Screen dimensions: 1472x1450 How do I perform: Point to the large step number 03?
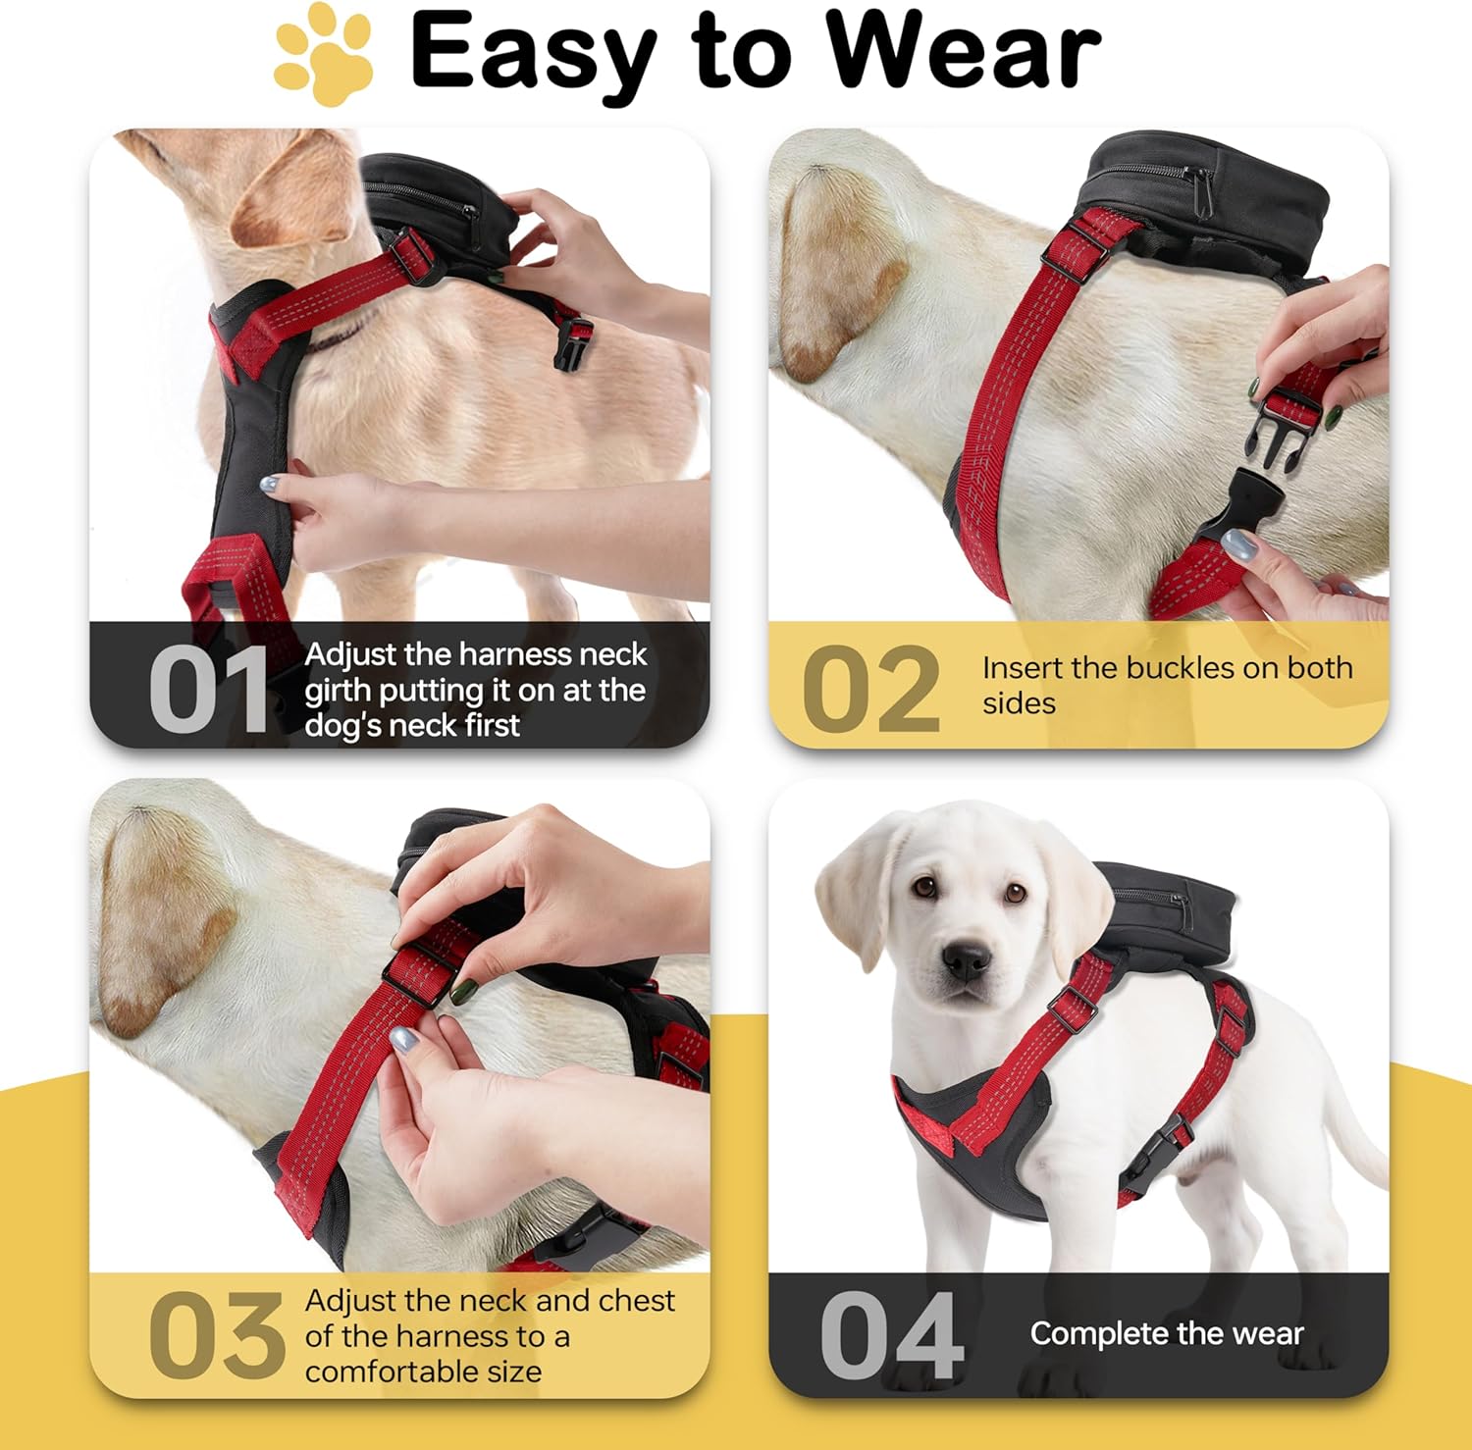click(x=216, y=1335)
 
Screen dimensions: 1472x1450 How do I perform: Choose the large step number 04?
click(x=892, y=1335)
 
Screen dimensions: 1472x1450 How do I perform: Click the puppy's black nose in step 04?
click(x=967, y=961)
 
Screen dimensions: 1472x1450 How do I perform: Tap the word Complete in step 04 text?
click(x=1098, y=1334)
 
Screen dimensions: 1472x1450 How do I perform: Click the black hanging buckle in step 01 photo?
click(x=573, y=343)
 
